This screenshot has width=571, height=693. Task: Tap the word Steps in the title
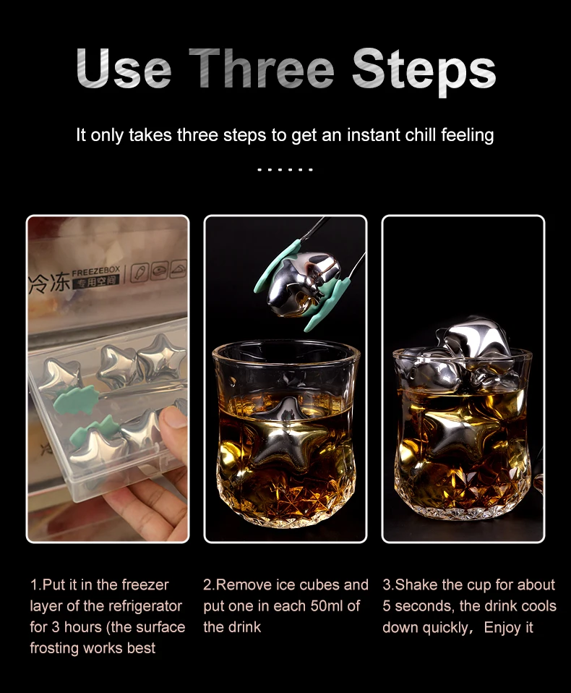(x=424, y=70)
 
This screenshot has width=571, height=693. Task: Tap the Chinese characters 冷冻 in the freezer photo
(x=49, y=282)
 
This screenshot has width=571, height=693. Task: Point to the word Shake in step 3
(x=416, y=584)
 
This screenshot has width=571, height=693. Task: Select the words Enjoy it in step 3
(x=508, y=627)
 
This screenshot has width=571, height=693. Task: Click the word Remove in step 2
(x=241, y=584)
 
